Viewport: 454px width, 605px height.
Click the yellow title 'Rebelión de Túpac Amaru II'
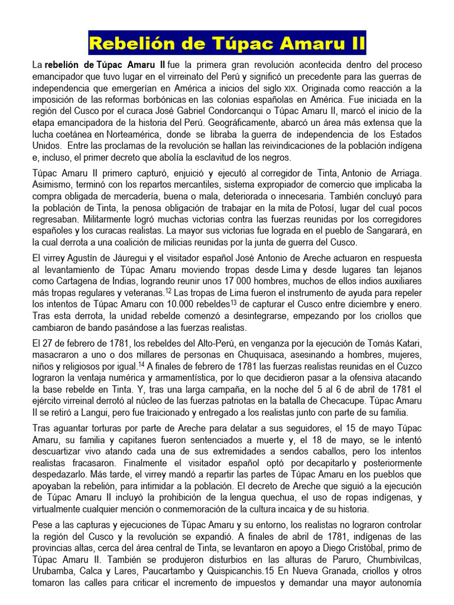pyautogui.click(x=227, y=44)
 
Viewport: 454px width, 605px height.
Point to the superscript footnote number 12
pyautogui.click(x=168, y=290)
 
